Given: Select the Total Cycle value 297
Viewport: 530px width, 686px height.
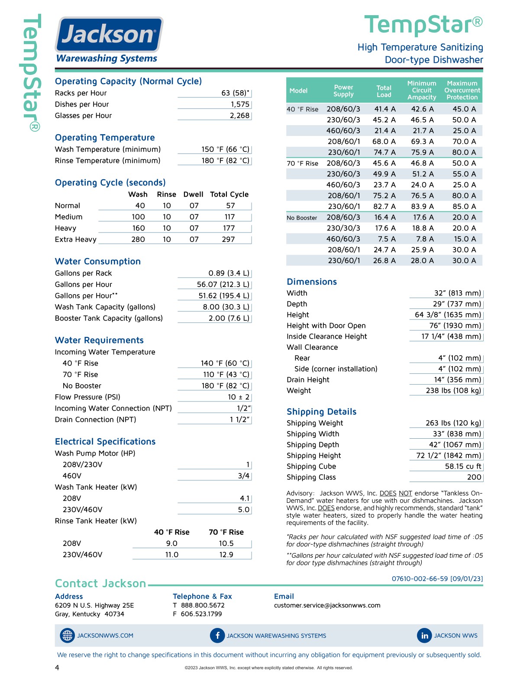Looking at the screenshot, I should click(x=228, y=239).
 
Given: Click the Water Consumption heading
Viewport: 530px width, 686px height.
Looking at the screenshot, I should click(x=98, y=262).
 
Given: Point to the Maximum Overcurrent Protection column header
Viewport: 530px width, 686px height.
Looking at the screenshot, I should click(x=462, y=90).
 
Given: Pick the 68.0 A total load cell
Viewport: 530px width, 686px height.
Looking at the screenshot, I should click(x=384, y=142).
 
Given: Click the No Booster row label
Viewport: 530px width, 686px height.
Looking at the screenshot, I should click(x=302, y=218).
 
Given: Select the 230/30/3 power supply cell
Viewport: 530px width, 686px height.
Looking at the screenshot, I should click(x=343, y=228).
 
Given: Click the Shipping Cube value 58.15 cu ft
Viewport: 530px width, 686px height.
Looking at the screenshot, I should click(x=463, y=466).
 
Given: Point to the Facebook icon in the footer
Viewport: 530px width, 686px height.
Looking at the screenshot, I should click(x=217, y=635).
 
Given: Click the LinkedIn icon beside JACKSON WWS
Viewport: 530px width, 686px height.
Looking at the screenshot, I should click(x=424, y=635).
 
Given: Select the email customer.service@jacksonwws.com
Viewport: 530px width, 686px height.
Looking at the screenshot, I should click(x=327, y=605).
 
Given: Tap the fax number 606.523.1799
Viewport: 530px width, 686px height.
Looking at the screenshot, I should click(x=201, y=614).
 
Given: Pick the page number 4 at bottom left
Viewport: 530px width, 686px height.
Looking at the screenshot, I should click(x=57, y=668).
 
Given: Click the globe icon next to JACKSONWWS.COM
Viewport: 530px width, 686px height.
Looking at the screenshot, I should click(x=67, y=635).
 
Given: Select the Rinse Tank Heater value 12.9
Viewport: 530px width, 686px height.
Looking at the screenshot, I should click(x=226, y=555).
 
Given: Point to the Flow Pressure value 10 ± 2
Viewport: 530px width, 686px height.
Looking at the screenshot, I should click(x=239, y=397).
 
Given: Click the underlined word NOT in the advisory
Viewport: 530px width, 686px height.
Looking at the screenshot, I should click(x=405, y=493).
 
